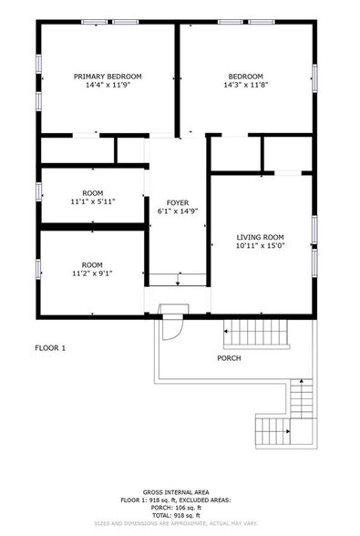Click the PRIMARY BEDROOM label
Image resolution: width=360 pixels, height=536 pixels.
coord(108,77)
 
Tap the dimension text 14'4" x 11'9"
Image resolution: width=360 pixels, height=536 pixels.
coord(108,87)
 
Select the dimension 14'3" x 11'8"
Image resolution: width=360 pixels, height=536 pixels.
coord(245,87)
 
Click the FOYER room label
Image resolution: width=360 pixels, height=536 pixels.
coord(177,201)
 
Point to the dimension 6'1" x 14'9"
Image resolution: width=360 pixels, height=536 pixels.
coord(177,211)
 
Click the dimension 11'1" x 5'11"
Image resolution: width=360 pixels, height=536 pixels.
coord(92,202)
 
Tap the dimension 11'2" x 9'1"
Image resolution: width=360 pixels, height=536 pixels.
coord(92,273)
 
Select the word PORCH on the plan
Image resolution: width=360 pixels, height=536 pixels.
coord(229,358)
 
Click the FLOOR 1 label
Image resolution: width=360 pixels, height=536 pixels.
coord(50,347)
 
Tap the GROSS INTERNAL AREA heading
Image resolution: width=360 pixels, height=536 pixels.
coord(180,491)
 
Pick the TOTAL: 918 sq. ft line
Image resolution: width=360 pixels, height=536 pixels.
coord(180,516)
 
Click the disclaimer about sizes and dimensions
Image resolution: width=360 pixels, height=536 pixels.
coord(180,525)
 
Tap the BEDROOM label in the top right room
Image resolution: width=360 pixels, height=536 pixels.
coord(245,77)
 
